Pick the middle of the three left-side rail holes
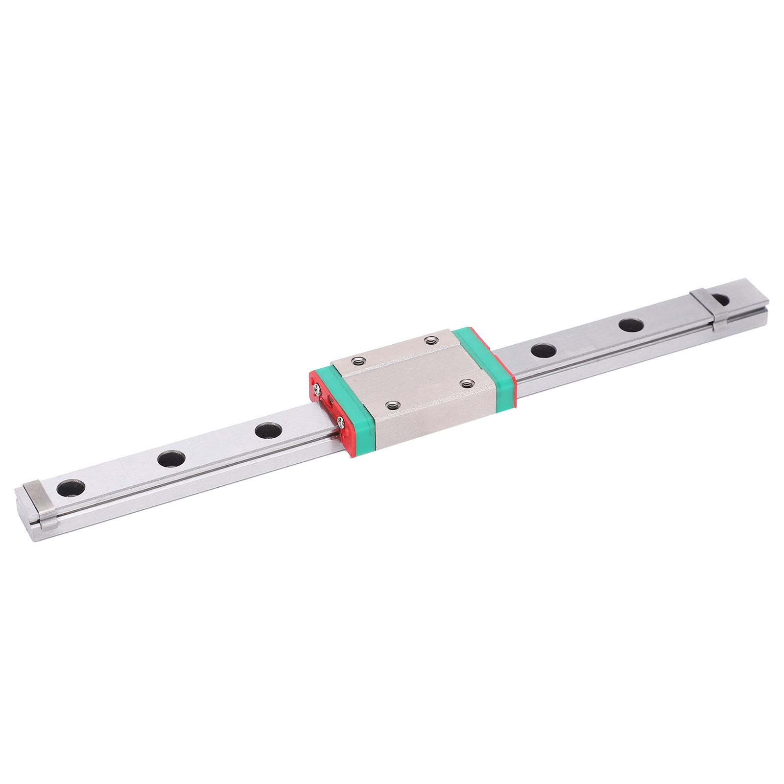point(171,459)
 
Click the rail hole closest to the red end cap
point(268,431)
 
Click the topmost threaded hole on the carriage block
point(431,340)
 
